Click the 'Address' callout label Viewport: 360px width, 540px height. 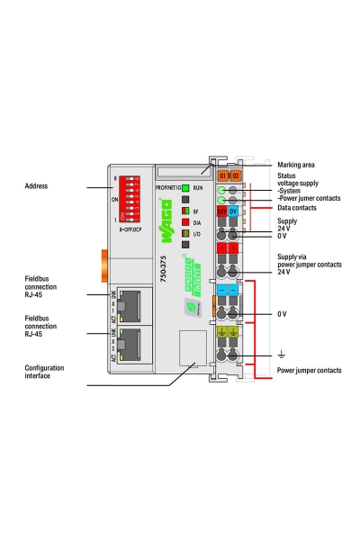(x=37, y=186)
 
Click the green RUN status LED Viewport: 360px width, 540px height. (x=186, y=187)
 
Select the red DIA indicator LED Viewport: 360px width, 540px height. (x=186, y=220)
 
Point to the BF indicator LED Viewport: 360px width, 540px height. (x=186, y=210)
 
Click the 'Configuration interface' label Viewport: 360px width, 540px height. (x=50, y=372)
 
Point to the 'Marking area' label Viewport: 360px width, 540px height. (x=296, y=165)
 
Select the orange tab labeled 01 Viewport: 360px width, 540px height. (x=223, y=175)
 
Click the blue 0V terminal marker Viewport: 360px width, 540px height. (x=234, y=211)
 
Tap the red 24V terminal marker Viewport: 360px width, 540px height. (x=222, y=211)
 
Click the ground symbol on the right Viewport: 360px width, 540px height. (x=282, y=353)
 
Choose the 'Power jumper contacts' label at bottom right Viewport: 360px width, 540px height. (x=309, y=370)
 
